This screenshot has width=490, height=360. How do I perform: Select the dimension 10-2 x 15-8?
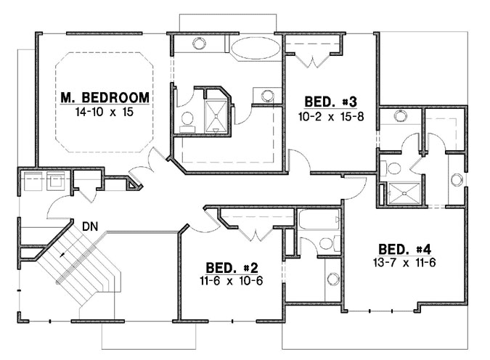point(330,115)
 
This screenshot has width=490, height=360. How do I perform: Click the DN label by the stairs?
point(90,226)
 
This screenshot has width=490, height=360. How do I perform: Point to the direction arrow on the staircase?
point(63,255)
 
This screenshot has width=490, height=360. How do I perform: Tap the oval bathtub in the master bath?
point(255,49)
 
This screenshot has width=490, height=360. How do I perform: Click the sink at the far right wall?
point(457,180)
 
